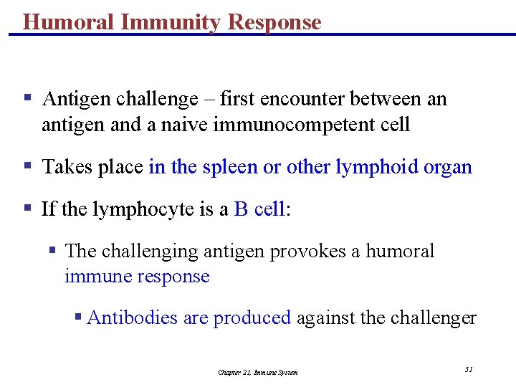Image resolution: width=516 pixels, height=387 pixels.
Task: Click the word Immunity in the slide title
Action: point(171,22)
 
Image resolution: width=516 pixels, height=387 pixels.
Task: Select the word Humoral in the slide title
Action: point(69,22)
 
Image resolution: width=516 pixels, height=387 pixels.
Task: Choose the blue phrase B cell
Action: point(259,209)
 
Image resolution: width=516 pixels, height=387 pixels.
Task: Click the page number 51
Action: point(469,369)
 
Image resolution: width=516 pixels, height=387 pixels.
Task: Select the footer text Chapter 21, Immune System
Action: point(258,372)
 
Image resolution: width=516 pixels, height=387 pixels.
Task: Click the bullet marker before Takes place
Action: point(27,167)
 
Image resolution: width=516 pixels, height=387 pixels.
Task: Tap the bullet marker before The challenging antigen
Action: point(52,251)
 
